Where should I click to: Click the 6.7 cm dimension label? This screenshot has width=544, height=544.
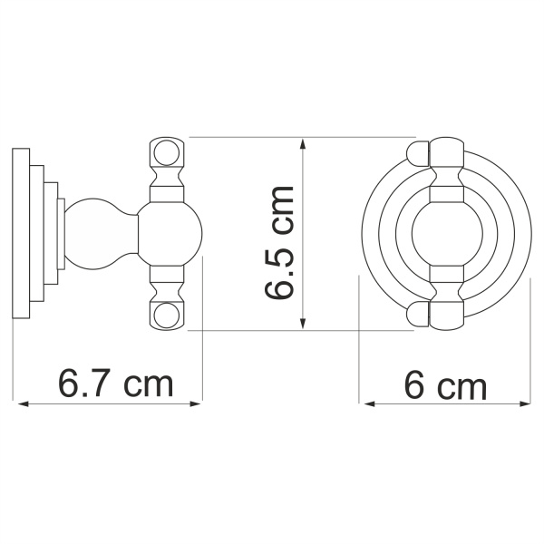[115, 384]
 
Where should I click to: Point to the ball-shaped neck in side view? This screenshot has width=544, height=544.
[92, 233]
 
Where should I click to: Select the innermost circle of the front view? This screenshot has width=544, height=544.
[445, 232]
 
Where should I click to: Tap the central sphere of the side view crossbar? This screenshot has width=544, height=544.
[163, 233]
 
